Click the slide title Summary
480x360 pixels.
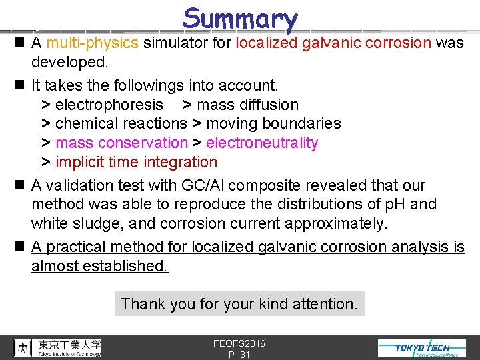click(x=240, y=19)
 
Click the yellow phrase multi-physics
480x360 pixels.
click(x=93, y=43)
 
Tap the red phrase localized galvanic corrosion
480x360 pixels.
click(x=334, y=43)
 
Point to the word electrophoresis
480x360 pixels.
click(x=109, y=105)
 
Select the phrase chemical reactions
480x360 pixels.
click(x=121, y=123)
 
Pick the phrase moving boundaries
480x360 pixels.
click(x=273, y=123)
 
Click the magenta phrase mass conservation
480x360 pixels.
click(x=121, y=143)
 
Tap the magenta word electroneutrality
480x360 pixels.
click(x=262, y=143)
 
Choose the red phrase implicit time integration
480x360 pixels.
click(x=137, y=162)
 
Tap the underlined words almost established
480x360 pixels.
click(x=100, y=266)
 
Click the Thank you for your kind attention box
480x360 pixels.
click(x=239, y=304)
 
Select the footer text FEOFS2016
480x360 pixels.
click(x=239, y=343)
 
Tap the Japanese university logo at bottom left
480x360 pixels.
click(x=58, y=347)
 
